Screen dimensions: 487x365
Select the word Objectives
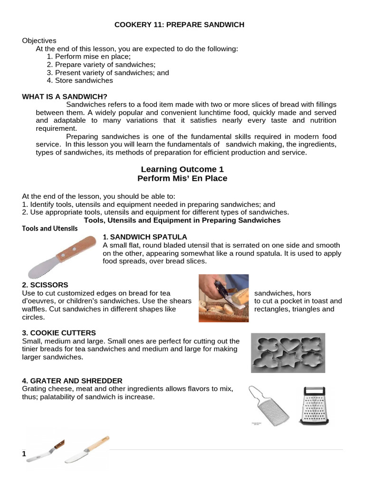pos(39,41)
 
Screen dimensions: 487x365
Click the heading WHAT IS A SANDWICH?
pos(65,97)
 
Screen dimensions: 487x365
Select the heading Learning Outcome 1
pos(182,169)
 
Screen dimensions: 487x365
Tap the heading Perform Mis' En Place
pos(182,178)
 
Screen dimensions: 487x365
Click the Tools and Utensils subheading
pos(50,228)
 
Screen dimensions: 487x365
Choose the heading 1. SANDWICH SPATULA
pos(145,237)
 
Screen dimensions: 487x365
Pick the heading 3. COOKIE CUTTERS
pos(59,332)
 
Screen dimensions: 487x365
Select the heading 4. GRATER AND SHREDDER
pos(72,380)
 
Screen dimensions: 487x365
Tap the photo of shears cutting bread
pos(223,298)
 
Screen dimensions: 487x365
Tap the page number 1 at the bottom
pos(24,454)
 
